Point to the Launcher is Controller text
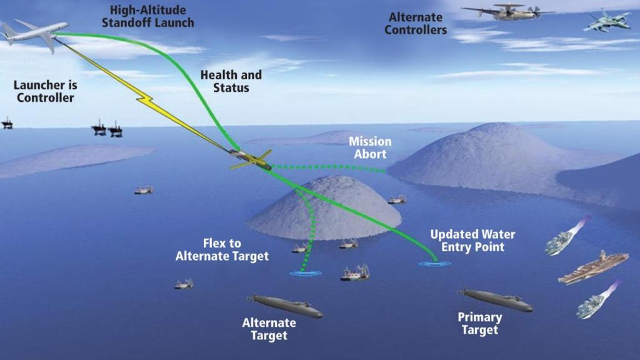(x=45, y=92)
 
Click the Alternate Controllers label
(x=416, y=24)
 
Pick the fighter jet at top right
(x=606, y=21)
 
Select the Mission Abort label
(x=371, y=147)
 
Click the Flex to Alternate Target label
(x=222, y=249)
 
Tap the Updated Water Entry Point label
(x=472, y=241)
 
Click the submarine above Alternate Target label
(x=285, y=306)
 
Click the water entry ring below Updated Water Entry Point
(x=434, y=264)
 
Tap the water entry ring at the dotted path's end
(x=305, y=273)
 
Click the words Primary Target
(x=479, y=324)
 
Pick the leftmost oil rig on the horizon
(x=7, y=123)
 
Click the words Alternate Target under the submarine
(x=269, y=329)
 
